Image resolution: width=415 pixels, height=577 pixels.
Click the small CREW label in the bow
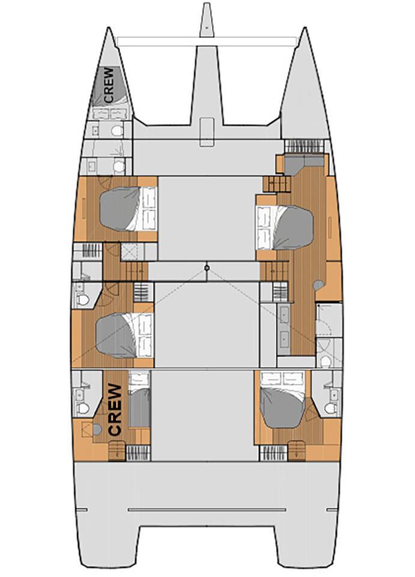pos(109,85)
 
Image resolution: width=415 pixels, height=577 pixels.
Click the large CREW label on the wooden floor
pos(115,409)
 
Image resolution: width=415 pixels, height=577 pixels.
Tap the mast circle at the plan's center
pos(207,267)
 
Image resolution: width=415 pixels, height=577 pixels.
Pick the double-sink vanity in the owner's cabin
pos(285,325)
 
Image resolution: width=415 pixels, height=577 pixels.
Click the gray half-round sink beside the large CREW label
pos(97,429)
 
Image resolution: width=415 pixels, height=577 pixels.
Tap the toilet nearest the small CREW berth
pos(117,130)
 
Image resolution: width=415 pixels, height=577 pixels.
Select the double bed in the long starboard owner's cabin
pos(285,228)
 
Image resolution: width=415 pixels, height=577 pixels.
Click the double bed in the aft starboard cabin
pos(282,400)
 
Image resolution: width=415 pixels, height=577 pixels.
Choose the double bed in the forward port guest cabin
pos(129,209)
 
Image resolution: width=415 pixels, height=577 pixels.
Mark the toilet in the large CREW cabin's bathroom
pos(83,408)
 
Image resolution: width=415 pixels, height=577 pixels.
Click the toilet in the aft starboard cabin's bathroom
pos(330,408)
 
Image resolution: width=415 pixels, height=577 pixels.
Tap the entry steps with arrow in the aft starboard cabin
pos(297,450)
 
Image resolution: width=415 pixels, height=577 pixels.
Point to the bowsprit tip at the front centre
pos(207,4)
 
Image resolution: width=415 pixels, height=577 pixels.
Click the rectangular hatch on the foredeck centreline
pos(207,132)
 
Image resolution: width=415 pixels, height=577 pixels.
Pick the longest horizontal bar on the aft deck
pos(207,510)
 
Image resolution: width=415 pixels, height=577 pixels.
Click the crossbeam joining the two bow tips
pos(207,41)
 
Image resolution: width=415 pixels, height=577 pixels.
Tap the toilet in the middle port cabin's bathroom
pos(83,299)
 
